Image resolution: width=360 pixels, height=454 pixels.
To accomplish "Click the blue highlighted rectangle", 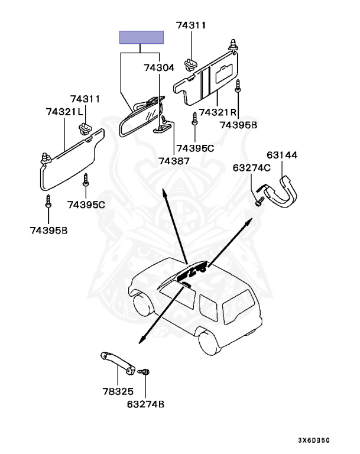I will coord(142,37).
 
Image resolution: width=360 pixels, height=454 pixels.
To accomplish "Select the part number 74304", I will coord(158,68).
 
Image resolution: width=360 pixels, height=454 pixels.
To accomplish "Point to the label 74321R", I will coord(218,112).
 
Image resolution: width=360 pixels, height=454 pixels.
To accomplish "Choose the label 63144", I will coord(281,155).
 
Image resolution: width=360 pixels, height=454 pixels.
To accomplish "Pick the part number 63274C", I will coord(252,168).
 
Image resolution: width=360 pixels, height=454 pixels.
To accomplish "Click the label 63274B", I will coord(145,405).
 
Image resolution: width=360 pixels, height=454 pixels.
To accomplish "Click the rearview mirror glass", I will coord(140,118).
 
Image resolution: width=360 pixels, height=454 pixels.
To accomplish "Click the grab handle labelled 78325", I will coord(116,361).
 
